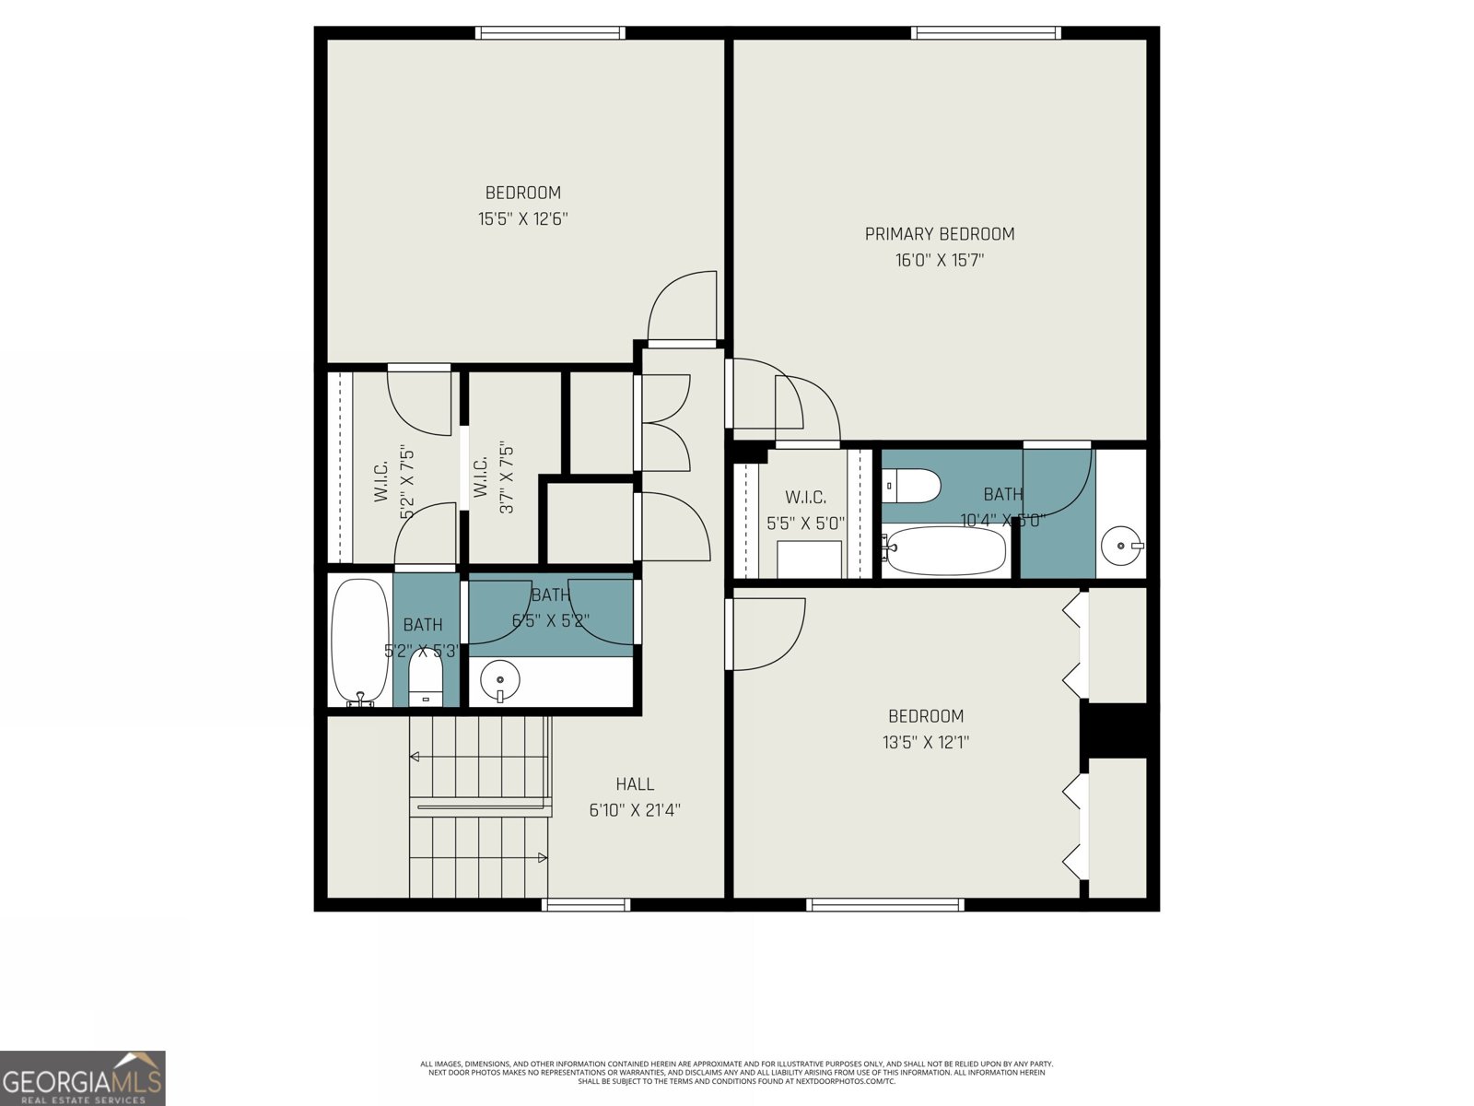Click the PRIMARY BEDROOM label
pyautogui.click(x=939, y=234)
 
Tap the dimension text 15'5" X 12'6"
pyautogui.click(x=522, y=219)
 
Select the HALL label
pyautogui.click(x=635, y=784)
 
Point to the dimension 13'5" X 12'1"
pyautogui.click(x=925, y=742)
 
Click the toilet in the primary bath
pyautogui.click(x=910, y=486)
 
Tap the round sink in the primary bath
pyautogui.click(x=1120, y=546)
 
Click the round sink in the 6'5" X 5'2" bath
pyautogui.click(x=500, y=681)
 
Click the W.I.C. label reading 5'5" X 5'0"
pyautogui.click(x=805, y=510)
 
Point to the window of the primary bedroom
pyautogui.click(x=986, y=33)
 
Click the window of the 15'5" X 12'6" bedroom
pyautogui.click(x=550, y=33)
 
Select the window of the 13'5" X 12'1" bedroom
pyautogui.click(x=884, y=905)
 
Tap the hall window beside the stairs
pyautogui.click(x=586, y=905)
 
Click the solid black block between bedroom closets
pyautogui.click(x=1117, y=729)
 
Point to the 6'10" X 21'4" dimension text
pyautogui.click(x=635, y=811)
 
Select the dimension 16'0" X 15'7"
pyautogui.click(x=939, y=261)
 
